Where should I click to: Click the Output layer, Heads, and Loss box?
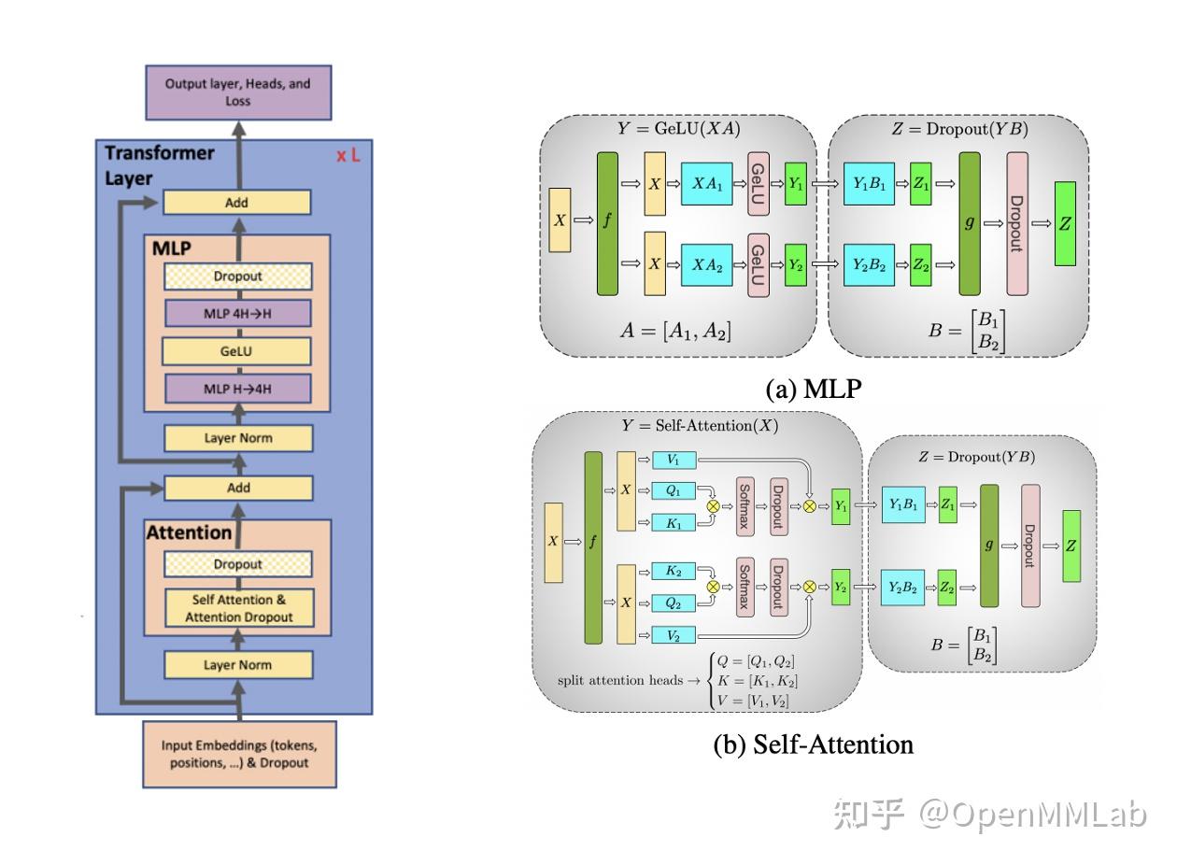[x=238, y=92]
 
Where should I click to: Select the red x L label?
[x=348, y=156]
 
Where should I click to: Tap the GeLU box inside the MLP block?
[x=236, y=351]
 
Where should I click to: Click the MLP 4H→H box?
[x=237, y=314]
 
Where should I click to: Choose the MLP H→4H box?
[x=237, y=389]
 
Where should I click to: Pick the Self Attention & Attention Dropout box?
[x=239, y=608]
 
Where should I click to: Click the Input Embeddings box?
[x=239, y=754]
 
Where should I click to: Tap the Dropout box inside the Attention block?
[x=238, y=564]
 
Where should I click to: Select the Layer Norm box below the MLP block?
[x=238, y=438]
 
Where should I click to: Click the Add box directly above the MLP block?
[x=237, y=203]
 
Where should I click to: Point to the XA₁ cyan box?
[x=707, y=183]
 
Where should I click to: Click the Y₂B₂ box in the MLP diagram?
[x=869, y=265]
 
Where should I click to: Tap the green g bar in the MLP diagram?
[x=970, y=224]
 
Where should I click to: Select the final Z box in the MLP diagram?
[x=1065, y=224]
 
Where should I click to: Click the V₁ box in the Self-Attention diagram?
[x=674, y=460]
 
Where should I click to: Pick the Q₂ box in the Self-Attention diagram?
[x=674, y=603]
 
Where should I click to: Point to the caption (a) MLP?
[x=814, y=390]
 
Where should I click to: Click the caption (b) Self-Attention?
[x=814, y=744]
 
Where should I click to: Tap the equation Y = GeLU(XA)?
[x=679, y=129]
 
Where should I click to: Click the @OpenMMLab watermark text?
[x=1032, y=815]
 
